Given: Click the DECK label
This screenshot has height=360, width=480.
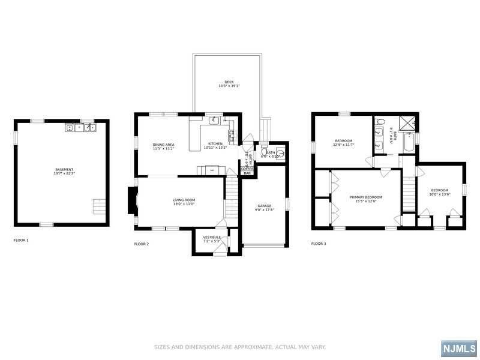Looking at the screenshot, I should [x=229, y=82].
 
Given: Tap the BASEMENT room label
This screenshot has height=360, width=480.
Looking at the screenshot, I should [x=64, y=170].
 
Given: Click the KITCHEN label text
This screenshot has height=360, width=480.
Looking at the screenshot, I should [x=215, y=144].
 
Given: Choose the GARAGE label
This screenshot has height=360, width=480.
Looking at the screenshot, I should [x=264, y=205].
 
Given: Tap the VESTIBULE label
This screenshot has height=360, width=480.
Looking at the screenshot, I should [x=212, y=237].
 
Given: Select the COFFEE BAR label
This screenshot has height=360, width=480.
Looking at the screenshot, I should [x=247, y=171].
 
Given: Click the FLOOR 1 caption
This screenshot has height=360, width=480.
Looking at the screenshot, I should [x=21, y=240].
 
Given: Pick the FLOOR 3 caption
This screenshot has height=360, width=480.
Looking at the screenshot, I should [x=319, y=244].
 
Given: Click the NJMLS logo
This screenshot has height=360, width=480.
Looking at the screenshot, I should [x=458, y=349].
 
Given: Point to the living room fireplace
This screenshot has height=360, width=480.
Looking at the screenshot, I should [x=131, y=200].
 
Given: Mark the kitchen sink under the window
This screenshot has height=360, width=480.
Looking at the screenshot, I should [x=215, y=120].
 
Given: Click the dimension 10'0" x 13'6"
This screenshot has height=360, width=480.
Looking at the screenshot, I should [x=440, y=194].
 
